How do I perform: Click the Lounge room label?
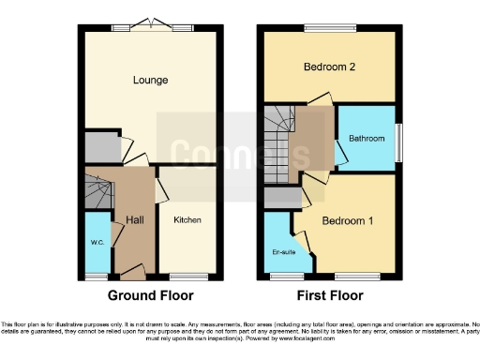150,81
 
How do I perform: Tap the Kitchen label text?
187,220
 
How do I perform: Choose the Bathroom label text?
367,139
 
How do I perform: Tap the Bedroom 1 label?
348,221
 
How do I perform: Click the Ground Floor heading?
151,295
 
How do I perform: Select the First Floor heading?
331,295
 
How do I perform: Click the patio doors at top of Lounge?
151,27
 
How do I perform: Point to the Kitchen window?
187,276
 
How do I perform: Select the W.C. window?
97,276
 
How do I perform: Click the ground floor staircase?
97,194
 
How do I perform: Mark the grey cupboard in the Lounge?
97,147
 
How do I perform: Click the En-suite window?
280,276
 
